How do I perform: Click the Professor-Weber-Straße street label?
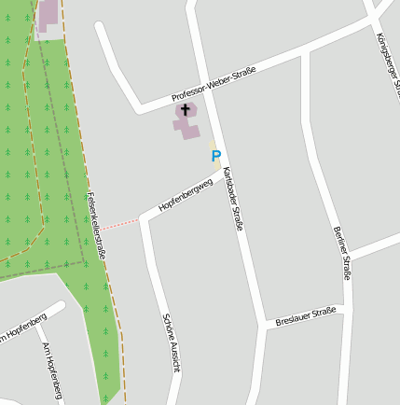214,85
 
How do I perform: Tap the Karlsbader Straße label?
233,199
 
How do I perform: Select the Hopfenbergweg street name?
186,194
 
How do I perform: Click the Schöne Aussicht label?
171,342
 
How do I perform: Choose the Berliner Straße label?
342,252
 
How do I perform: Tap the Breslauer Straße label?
306,317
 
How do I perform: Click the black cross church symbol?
185,110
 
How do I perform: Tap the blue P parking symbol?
216,156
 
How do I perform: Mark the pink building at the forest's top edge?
48,17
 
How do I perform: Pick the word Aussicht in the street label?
174,356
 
